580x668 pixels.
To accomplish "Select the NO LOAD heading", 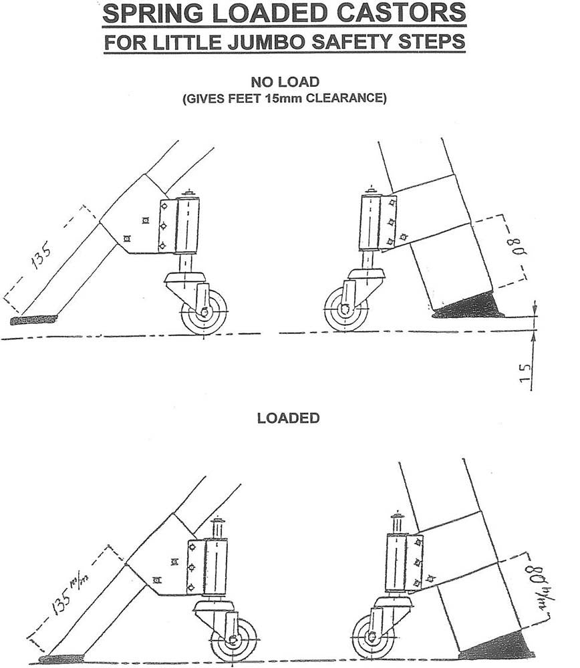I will click(x=285, y=83).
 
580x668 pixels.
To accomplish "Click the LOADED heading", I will click(x=288, y=418).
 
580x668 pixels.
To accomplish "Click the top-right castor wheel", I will click(x=345, y=309).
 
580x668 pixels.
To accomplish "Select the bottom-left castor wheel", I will click(x=233, y=639).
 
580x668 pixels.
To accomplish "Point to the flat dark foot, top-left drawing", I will click(x=33, y=320).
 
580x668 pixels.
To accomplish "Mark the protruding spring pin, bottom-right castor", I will click(x=398, y=521).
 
